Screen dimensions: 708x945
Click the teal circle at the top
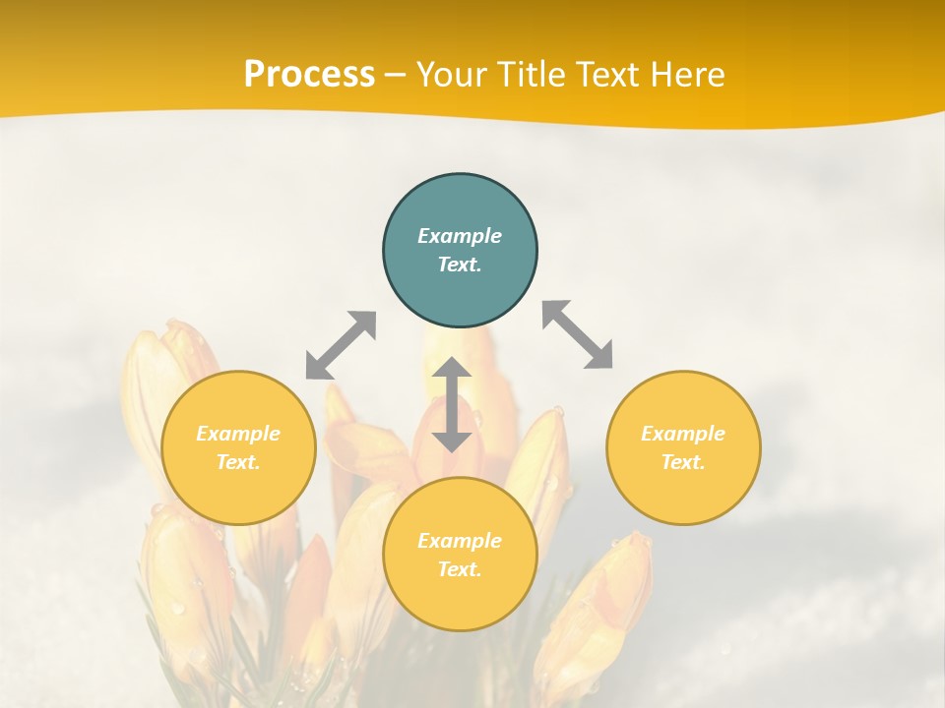click(460, 251)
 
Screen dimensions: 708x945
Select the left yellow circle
click(238, 447)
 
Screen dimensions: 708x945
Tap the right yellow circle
click(683, 447)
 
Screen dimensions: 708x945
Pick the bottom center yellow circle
click(460, 555)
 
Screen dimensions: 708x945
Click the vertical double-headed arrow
click(452, 404)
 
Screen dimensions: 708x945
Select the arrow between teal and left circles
click(341, 345)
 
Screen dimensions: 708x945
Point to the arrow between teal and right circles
click(578, 334)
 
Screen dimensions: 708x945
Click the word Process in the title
click(309, 74)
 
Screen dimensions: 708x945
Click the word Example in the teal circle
click(460, 236)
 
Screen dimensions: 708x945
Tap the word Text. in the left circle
click(238, 462)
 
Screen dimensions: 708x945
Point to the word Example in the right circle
click(683, 434)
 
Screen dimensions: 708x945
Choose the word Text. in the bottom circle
click(460, 569)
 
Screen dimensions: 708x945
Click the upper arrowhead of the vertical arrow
click(452, 369)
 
